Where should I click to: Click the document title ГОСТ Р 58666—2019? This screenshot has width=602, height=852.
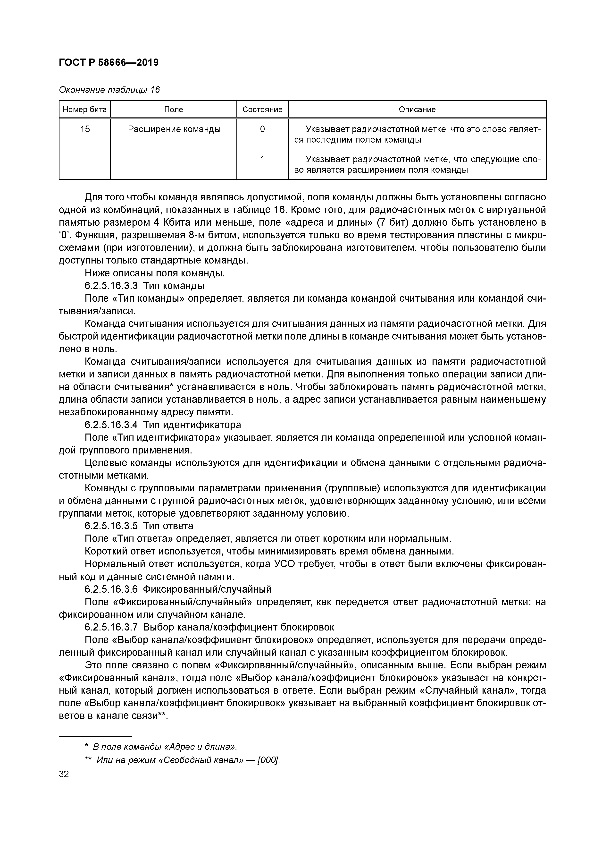click(109, 63)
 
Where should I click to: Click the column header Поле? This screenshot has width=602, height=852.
click(173, 110)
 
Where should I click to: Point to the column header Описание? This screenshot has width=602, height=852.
click(417, 110)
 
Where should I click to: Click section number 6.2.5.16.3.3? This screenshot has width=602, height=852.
click(111, 286)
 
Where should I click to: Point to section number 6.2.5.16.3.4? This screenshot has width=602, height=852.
click(111, 425)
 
